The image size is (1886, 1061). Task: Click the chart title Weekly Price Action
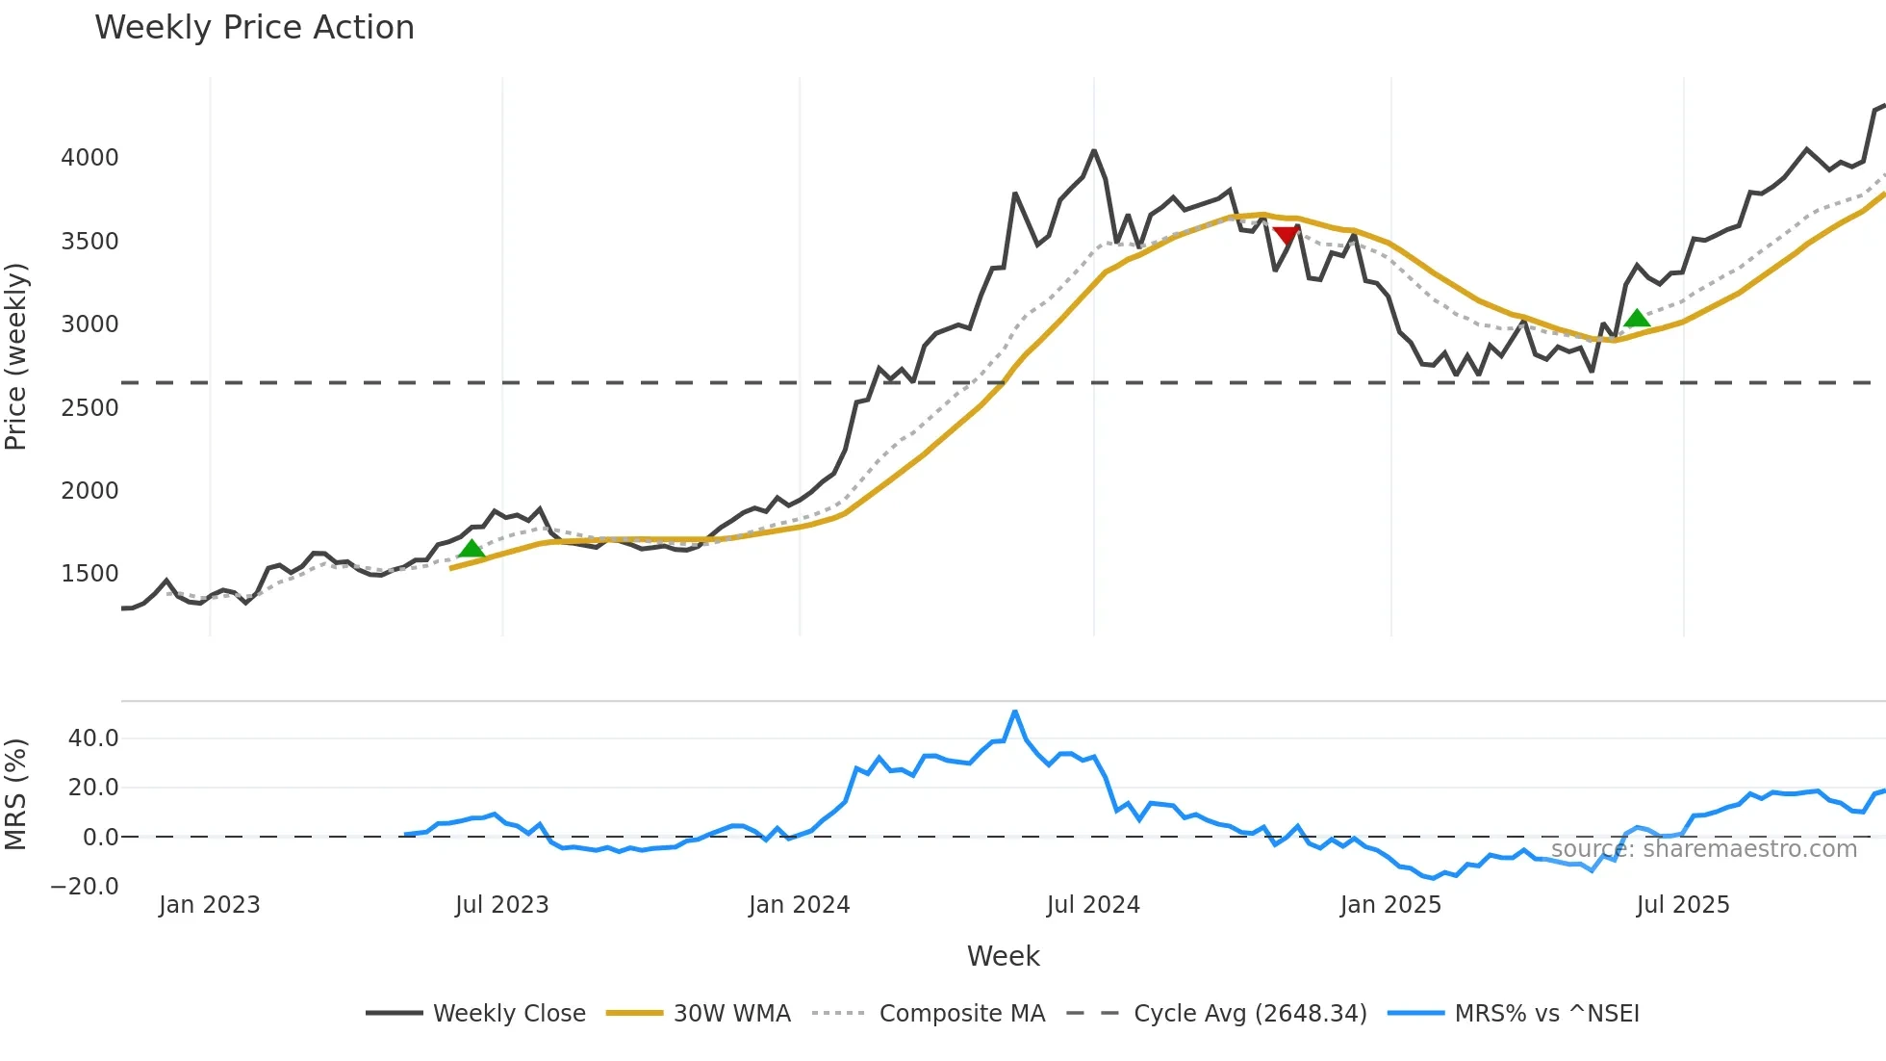pos(254,28)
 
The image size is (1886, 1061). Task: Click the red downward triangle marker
pos(1286,235)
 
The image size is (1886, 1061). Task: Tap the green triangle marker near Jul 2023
pos(471,549)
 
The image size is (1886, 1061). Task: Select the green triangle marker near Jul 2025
pos(1637,319)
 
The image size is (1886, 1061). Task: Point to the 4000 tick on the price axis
pos(89,158)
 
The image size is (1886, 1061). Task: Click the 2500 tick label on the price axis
pos(89,407)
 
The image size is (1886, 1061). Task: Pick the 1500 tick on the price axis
pos(89,574)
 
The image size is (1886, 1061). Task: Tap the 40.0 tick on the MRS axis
pos(93,738)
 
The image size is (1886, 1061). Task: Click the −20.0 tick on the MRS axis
pos(85,887)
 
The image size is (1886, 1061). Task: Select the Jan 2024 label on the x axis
pos(799,905)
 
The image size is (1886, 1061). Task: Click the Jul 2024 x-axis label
pos(1093,905)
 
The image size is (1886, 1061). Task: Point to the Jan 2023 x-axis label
pos(209,905)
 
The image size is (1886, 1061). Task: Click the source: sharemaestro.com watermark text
pos(1703,849)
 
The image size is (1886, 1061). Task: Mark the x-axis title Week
pos(1003,956)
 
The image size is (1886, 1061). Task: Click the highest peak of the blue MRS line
pos(1015,712)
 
